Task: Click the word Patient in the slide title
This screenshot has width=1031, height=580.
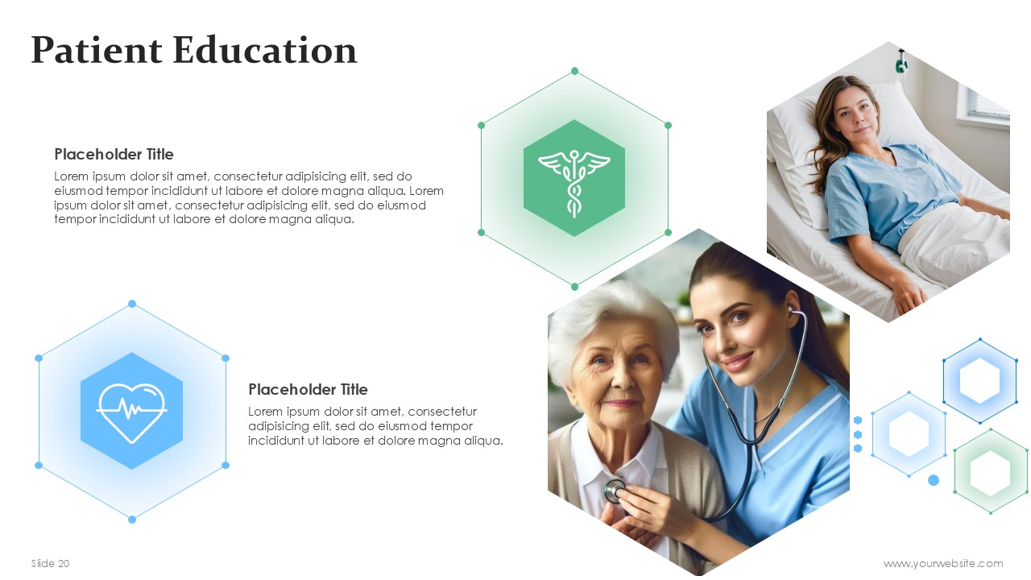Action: click(x=97, y=50)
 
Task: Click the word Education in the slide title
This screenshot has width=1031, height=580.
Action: click(x=265, y=50)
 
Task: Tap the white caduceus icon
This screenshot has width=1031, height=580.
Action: click(x=574, y=183)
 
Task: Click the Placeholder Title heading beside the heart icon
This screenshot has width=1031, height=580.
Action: click(x=308, y=389)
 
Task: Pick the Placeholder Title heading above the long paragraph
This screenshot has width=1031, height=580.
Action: click(x=114, y=154)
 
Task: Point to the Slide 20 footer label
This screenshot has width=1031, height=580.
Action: click(x=50, y=563)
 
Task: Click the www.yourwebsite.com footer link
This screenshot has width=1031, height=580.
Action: click(x=943, y=563)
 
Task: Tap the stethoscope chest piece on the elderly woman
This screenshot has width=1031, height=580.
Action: click(x=615, y=491)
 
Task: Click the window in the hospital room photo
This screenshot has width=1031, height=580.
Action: click(x=983, y=104)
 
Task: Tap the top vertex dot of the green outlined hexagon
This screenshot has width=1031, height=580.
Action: click(x=574, y=71)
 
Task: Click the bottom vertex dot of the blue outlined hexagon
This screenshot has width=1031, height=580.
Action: click(x=132, y=520)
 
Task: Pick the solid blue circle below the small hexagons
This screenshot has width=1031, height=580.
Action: click(x=934, y=480)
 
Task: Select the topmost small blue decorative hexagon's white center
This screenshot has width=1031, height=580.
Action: click(x=979, y=381)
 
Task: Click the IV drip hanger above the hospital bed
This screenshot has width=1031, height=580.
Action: click(x=901, y=62)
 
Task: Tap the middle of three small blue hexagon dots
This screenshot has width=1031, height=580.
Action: click(x=858, y=434)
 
